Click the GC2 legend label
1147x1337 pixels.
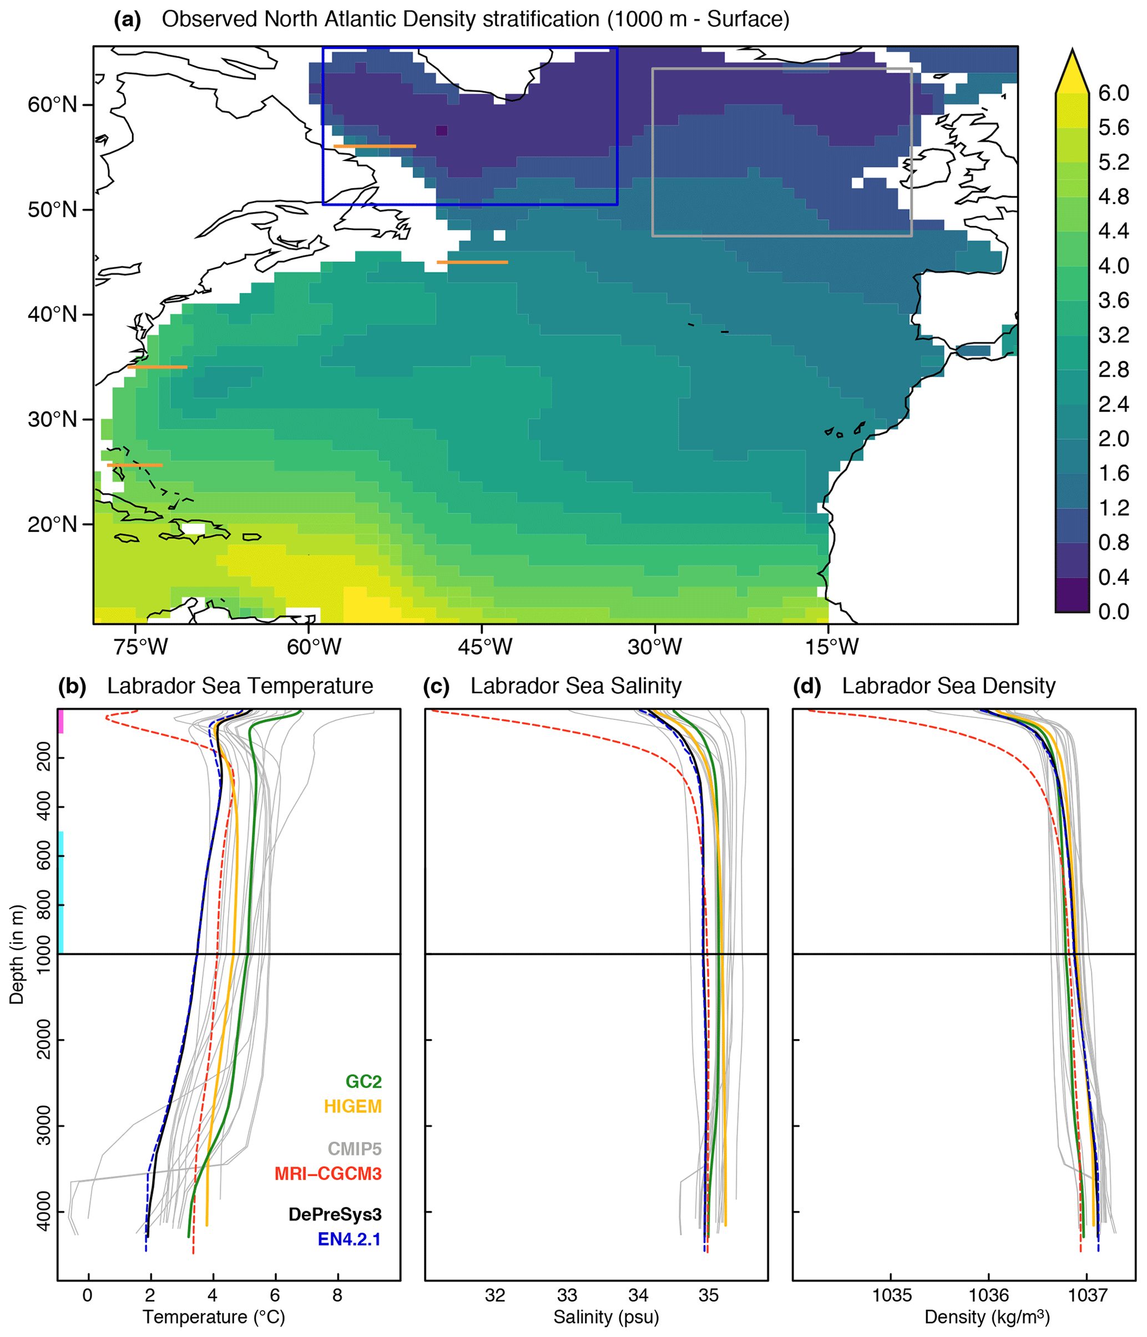point(363,1081)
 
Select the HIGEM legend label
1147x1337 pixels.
point(352,1107)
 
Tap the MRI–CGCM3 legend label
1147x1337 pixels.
point(328,1174)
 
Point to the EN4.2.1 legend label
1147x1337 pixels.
point(348,1239)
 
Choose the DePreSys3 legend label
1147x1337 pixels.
point(335,1214)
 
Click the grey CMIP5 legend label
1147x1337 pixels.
point(355,1149)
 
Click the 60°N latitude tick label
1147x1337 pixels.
point(52,104)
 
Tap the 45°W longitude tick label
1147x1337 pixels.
point(485,646)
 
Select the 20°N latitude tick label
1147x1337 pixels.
point(52,524)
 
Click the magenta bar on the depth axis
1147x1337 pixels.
point(60,721)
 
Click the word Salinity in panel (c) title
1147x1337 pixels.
point(645,686)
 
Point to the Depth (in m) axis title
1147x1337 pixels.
point(17,954)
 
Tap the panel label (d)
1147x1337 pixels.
point(807,686)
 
